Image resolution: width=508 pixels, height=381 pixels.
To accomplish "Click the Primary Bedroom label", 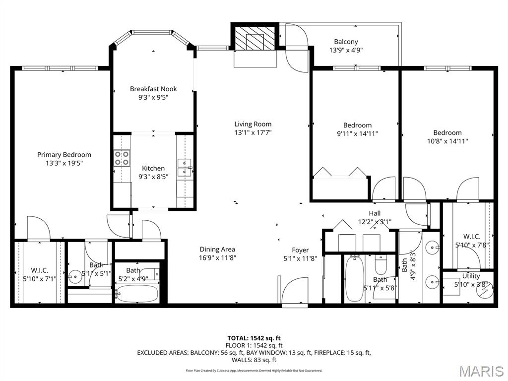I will coord(64,155).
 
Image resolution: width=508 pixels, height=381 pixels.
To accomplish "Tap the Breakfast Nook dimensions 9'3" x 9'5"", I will coord(153,98).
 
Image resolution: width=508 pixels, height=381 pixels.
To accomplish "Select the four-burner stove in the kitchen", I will coord(122,158).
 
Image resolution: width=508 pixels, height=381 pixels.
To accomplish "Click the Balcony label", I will coord(346,42).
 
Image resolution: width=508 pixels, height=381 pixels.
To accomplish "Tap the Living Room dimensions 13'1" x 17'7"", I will coord(253,132).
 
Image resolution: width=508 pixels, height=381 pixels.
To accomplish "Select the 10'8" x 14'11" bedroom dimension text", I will coord(447,141).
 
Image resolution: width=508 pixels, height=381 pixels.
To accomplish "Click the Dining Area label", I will coord(217,250).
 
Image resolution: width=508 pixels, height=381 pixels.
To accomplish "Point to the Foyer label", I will coord(300,250).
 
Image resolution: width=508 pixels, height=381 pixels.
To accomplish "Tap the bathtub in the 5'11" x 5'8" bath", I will coord(354,279).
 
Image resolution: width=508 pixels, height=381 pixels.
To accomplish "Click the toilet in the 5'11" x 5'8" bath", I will coord(381,265).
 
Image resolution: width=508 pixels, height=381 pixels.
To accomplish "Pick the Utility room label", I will coord(471,276).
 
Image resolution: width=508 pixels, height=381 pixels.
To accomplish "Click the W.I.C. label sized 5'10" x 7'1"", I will coord(39,270).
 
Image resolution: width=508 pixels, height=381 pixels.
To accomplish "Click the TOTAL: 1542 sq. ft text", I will coord(254,338).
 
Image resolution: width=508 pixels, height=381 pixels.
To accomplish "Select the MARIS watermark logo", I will coord(481,370).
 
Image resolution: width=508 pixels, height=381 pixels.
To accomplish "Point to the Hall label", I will coord(375,214).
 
